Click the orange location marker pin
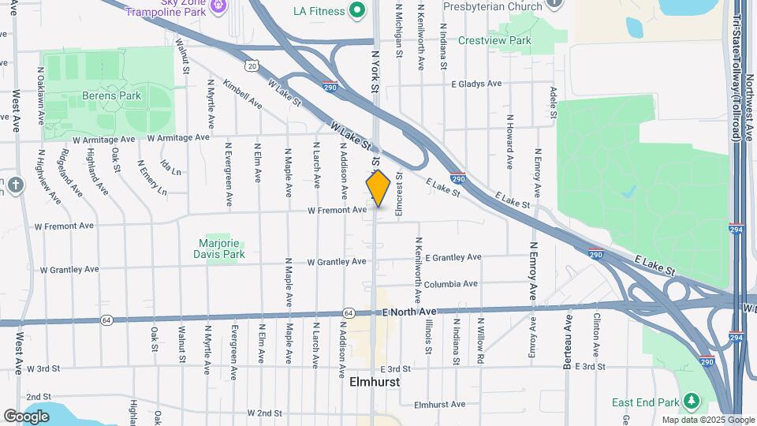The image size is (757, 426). click(378, 189)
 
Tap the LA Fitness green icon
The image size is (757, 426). click(357, 11)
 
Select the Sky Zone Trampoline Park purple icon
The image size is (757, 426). click(219, 7)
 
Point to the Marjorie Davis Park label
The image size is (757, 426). click(219, 248)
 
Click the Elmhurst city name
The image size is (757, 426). click(374, 382)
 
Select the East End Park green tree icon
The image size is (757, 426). click(692, 402)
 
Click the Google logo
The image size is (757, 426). click(26, 416)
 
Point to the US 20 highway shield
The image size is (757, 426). click(251, 66)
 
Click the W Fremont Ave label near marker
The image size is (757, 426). click(337, 210)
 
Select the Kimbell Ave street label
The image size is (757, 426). click(243, 93)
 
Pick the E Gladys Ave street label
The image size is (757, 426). click(476, 84)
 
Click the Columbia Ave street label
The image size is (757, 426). click(450, 284)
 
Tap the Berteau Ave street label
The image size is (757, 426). click(567, 342)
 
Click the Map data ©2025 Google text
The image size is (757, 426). click(707, 420)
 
